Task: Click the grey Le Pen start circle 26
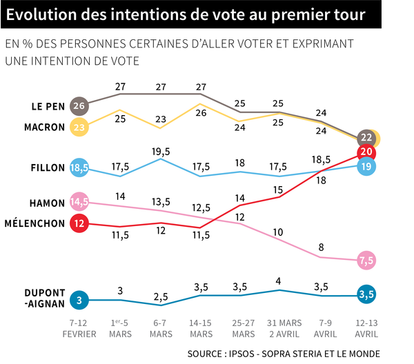pyautogui.click(x=79, y=106)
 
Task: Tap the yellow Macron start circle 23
pyautogui.click(x=79, y=127)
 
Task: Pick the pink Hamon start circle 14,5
pyautogui.click(x=79, y=203)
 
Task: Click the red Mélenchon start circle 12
pyautogui.click(x=79, y=223)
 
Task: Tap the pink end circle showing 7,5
pyautogui.click(x=366, y=260)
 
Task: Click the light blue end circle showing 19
pyautogui.click(x=366, y=167)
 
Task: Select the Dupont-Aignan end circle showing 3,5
pyautogui.click(x=366, y=295)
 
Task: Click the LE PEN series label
pyautogui.click(x=49, y=107)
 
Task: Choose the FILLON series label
pyautogui.click(x=49, y=168)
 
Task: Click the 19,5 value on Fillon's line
pyautogui.click(x=161, y=150)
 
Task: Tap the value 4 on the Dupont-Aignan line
pyautogui.click(x=280, y=280)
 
